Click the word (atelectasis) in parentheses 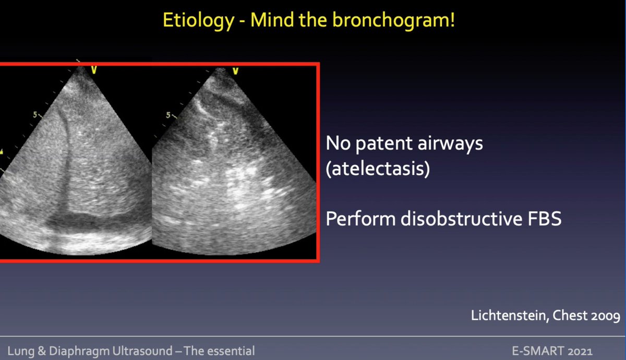click(378, 170)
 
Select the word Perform click(360, 219)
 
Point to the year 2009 click(605, 316)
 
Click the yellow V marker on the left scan click(94, 69)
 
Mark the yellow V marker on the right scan click(236, 70)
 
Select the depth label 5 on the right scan click(168, 114)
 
